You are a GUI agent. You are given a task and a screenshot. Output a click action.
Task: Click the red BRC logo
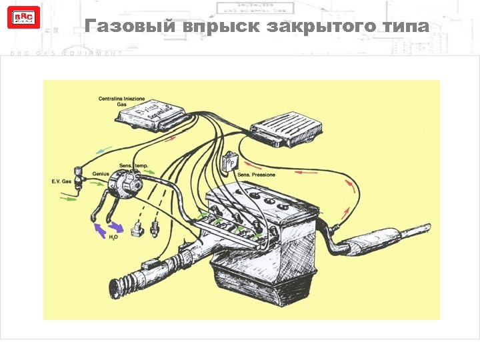[x=19, y=17]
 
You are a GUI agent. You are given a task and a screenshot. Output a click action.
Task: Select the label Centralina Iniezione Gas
[x=121, y=101]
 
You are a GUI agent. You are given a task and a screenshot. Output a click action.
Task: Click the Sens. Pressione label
[x=257, y=175]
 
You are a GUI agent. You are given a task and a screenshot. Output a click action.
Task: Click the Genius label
[x=101, y=173]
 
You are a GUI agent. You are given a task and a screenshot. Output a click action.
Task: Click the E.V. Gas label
[x=61, y=181]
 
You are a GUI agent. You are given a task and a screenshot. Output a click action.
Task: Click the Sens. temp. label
[x=133, y=165]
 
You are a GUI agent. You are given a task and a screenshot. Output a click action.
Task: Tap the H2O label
[x=113, y=237]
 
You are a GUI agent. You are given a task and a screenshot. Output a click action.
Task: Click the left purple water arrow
[x=99, y=230]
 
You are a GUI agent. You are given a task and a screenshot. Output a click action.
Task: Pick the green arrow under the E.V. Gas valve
[x=69, y=197]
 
